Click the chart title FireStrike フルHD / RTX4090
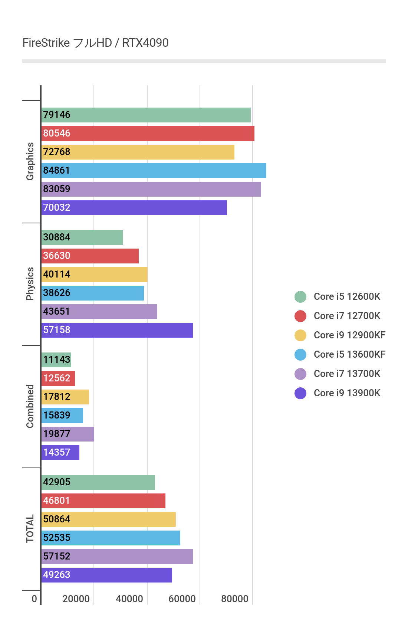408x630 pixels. tap(95, 43)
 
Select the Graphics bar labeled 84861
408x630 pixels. tap(154, 171)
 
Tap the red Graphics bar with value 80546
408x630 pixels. tap(148, 134)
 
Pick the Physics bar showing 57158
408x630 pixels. tap(117, 330)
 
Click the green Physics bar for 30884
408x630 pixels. tap(82, 237)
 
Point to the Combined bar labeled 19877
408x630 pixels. tap(68, 434)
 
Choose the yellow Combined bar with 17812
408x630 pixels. tap(65, 397)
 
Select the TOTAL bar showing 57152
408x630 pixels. tap(117, 557)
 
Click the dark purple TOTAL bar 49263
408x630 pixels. tap(106, 575)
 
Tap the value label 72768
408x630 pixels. tap(57, 152)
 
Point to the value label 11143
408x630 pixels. tap(57, 360)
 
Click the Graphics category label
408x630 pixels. tap(30, 161)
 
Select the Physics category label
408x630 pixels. tap(30, 284)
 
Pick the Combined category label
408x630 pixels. tap(30, 406)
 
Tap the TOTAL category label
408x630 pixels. tap(30, 529)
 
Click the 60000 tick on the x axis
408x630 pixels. tap(182, 599)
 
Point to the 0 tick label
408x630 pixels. tap(34, 599)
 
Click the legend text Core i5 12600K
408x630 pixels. tap(347, 297)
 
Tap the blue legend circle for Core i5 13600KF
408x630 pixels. tap(300, 355)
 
